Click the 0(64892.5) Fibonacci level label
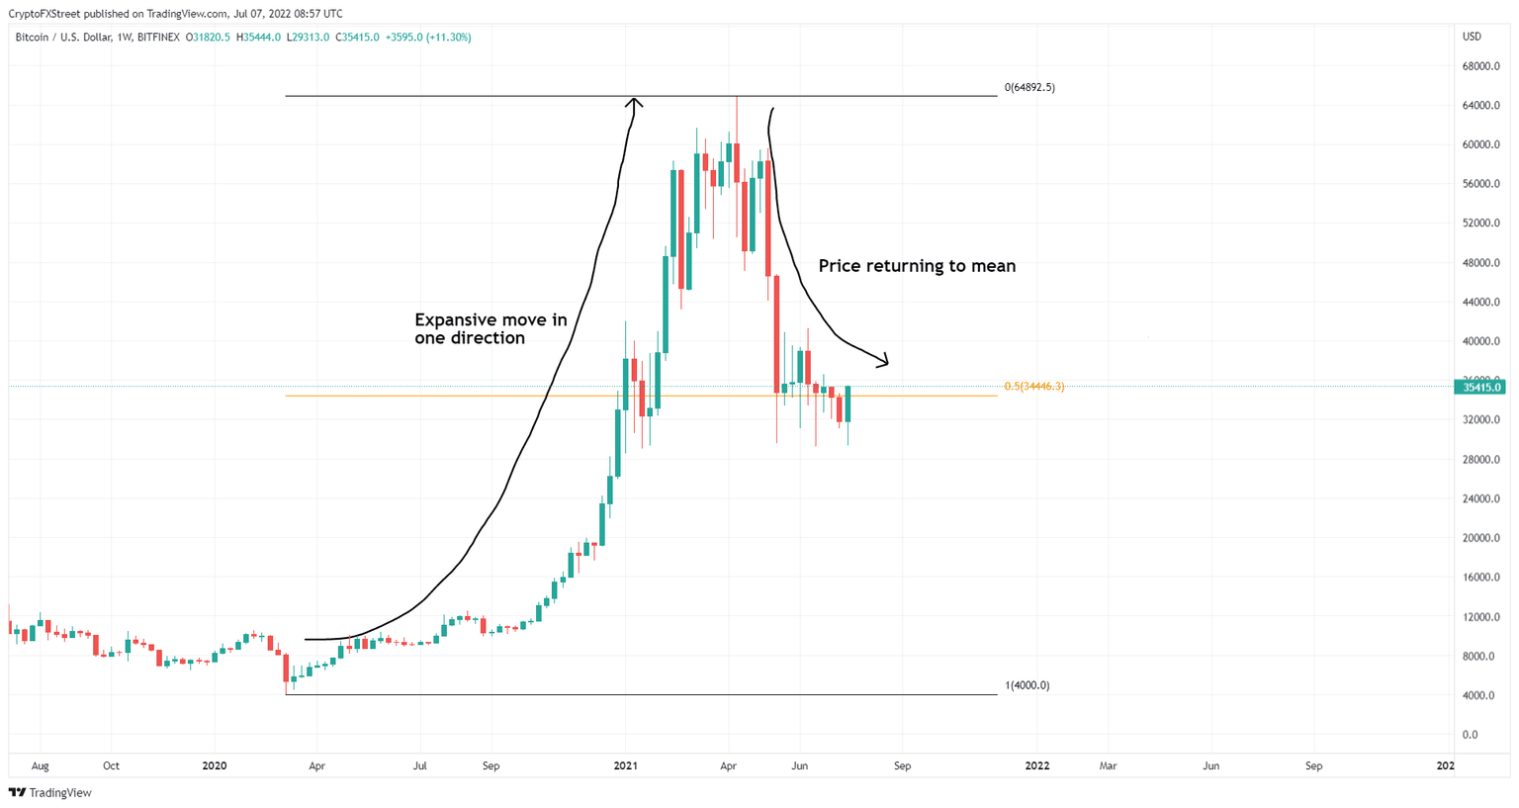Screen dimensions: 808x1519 tap(1029, 87)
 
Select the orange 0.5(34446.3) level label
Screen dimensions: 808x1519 tap(1033, 386)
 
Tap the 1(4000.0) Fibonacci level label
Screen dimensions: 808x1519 tap(1027, 685)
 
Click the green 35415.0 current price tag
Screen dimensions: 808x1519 tap(1480, 387)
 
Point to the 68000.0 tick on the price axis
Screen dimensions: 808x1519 tap(1481, 66)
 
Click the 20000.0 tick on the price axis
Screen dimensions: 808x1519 tap(1481, 538)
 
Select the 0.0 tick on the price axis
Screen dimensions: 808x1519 tap(1470, 735)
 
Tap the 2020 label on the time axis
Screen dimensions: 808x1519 tap(214, 765)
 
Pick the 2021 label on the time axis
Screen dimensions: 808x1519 tap(625, 765)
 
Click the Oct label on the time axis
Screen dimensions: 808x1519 tap(111, 765)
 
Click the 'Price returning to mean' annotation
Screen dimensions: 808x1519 tap(917, 266)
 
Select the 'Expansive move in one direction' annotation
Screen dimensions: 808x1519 tap(491, 328)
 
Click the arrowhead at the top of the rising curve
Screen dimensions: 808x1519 tap(635, 101)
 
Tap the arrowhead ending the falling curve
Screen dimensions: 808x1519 tap(883, 361)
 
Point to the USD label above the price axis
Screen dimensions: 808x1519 tap(1472, 37)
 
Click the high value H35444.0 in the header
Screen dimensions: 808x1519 tap(258, 38)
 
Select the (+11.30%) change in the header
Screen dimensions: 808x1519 tap(448, 38)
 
